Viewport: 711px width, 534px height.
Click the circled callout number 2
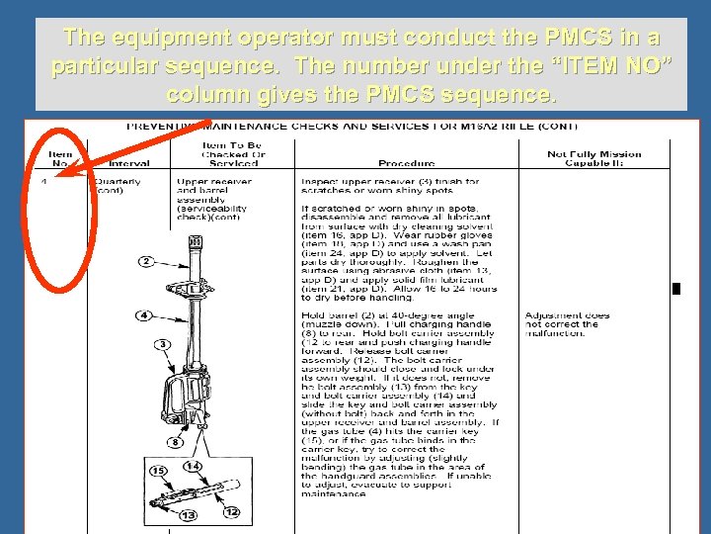click(x=145, y=261)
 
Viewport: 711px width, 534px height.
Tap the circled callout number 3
click(x=161, y=343)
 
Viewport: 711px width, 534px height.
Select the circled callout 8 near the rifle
click(x=174, y=442)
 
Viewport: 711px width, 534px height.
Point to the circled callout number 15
click(x=157, y=471)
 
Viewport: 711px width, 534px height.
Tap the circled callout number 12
click(x=232, y=511)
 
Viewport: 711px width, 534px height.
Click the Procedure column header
click(x=406, y=163)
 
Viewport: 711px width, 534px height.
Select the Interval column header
click(x=129, y=163)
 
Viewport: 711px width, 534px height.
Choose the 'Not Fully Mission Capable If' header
click(x=593, y=158)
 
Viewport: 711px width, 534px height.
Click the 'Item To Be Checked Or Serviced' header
click(x=232, y=154)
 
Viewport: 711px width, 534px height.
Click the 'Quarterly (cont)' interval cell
click(x=117, y=186)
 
